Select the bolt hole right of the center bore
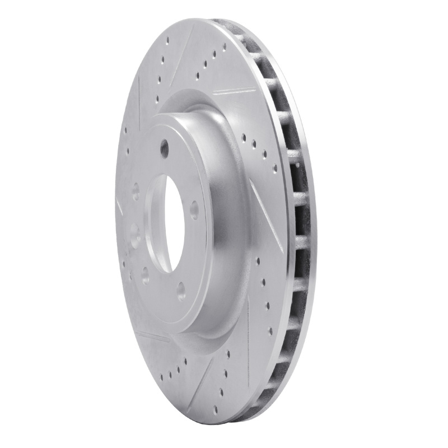(x=195, y=210)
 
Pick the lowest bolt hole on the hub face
(x=181, y=290)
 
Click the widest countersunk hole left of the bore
(x=135, y=232)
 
